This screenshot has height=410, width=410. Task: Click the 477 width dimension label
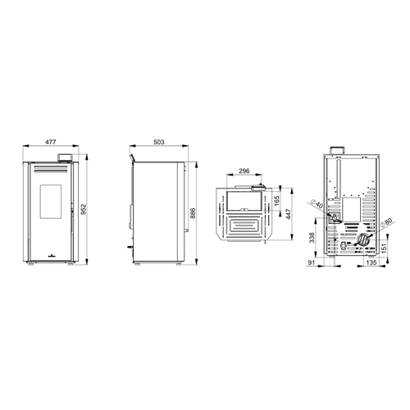(51, 142)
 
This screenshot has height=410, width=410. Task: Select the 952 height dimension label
(84, 209)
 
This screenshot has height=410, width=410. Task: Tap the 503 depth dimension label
(159, 142)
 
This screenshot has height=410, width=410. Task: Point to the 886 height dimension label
(193, 213)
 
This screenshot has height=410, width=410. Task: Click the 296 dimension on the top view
(244, 171)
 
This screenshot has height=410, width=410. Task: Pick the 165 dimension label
(277, 201)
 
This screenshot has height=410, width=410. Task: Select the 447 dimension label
(289, 215)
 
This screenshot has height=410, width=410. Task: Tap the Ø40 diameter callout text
(317, 204)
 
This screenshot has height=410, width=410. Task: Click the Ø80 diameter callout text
(386, 222)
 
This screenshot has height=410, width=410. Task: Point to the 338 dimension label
(312, 238)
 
